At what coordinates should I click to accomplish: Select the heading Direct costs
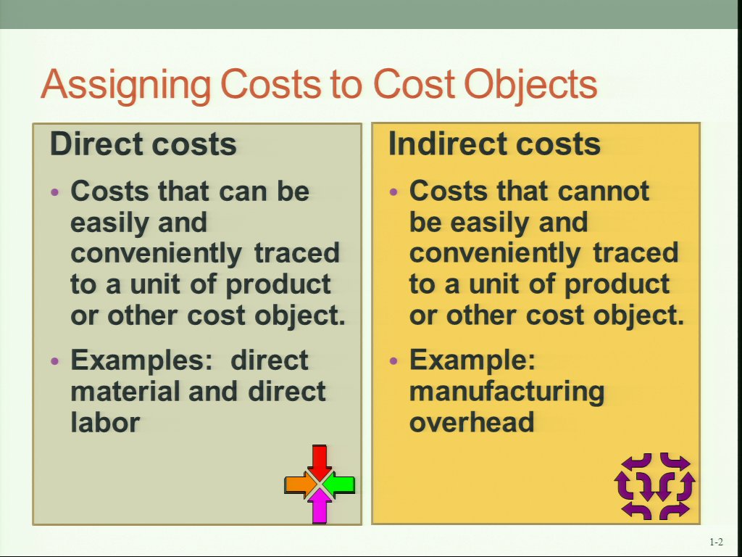click(x=143, y=144)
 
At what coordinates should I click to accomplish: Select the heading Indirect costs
click(x=494, y=144)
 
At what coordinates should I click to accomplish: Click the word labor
click(x=105, y=422)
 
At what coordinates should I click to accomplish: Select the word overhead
click(x=471, y=422)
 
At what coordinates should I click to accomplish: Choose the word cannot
click(x=604, y=191)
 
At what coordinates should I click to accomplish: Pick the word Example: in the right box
click(x=472, y=361)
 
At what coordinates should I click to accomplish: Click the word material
click(x=125, y=391)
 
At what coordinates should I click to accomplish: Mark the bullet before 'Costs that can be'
click(x=56, y=192)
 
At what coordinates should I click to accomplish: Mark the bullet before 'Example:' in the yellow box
click(x=394, y=361)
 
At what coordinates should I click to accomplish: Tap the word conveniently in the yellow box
click(x=494, y=254)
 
